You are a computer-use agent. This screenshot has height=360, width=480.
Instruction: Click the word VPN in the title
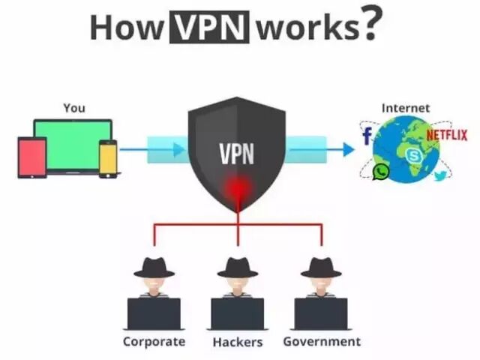211,27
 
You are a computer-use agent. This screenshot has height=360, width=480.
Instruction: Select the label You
73,108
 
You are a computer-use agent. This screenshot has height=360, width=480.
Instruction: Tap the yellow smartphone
109,157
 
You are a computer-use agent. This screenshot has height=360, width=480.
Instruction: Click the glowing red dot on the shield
237,187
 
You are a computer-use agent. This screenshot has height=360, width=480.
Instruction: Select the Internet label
406,108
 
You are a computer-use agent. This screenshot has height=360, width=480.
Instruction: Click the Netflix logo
446,135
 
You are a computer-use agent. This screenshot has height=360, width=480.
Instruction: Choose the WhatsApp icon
381,172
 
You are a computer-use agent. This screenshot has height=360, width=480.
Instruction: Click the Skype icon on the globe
414,155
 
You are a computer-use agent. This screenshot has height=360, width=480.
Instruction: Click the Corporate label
154,341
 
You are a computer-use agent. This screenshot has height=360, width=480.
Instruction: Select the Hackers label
237,342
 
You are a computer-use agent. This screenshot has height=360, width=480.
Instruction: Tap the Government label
322,341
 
